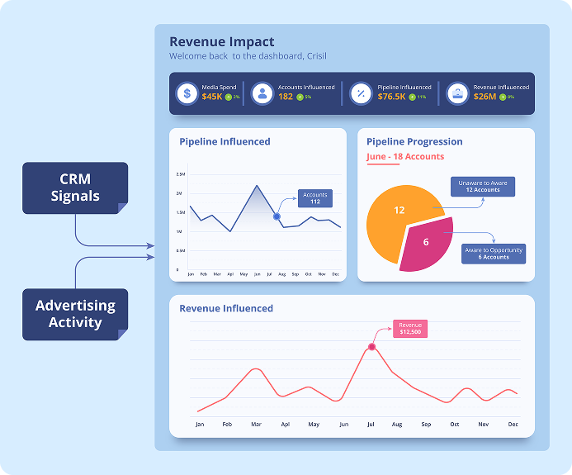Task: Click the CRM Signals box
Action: click(75, 188)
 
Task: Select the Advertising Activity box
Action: click(75, 314)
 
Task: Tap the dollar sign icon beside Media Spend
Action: click(187, 93)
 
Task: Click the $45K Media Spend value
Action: click(211, 97)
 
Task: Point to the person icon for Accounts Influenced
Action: click(262, 93)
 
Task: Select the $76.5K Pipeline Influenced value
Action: click(391, 97)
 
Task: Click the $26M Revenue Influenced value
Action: click(485, 97)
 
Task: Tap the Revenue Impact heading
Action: click(222, 42)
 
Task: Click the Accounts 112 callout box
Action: click(315, 198)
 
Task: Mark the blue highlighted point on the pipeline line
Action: click(277, 216)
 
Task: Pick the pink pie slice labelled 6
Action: click(426, 242)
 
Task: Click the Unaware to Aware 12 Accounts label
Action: click(483, 186)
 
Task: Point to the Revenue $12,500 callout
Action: click(410, 329)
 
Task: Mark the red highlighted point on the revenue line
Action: click(371, 347)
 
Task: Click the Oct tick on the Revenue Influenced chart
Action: click(454, 424)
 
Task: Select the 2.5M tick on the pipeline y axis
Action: click(180, 174)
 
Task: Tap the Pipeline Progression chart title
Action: click(414, 141)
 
